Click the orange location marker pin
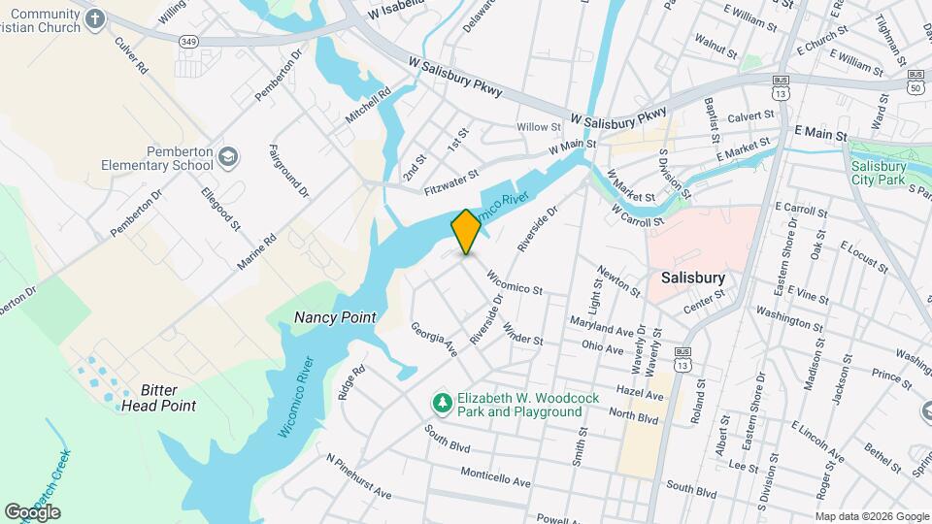pyautogui.click(x=466, y=231)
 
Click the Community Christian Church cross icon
pyautogui.click(x=94, y=18)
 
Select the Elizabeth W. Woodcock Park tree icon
pyautogui.click(x=442, y=402)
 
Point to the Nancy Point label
pyautogui.click(x=334, y=317)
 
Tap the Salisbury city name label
pyautogui.click(x=692, y=278)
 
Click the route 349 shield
pyautogui.click(x=189, y=41)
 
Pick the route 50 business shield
pyautogui.click(x=915, y=81)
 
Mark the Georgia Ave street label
pyautogui.click(x=434, y=339)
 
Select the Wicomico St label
pyautogui.click(x=514, y=282)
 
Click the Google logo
pyautogui.click(x=32, y=511)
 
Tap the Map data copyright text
pyautogui.click(x=872, y=516)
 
